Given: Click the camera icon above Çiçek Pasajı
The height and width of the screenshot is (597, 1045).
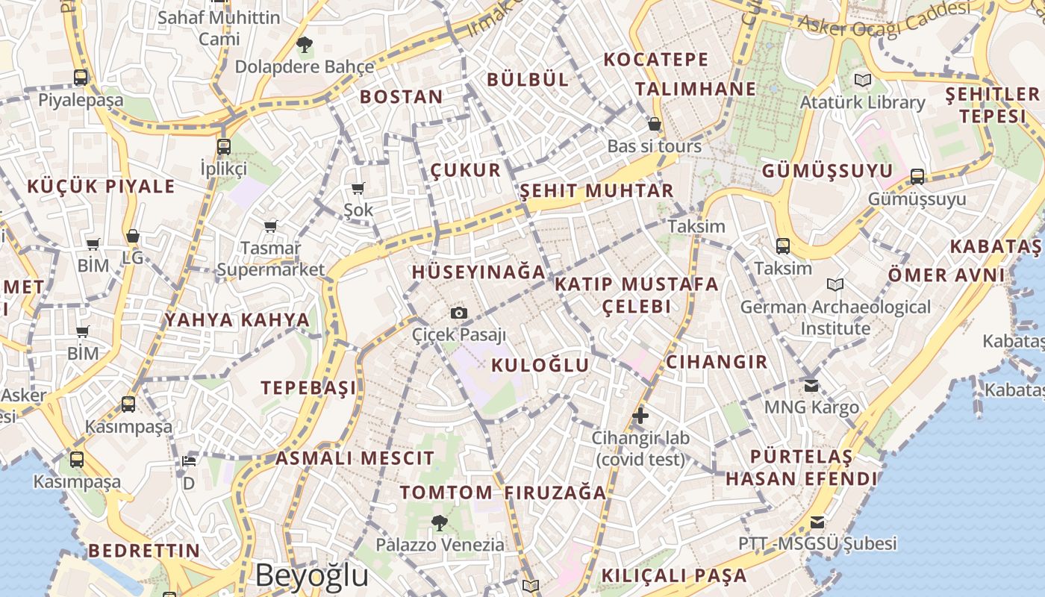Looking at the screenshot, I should tap(459, 313).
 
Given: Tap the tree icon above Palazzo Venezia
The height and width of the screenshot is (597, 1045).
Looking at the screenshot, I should tap(440, 522).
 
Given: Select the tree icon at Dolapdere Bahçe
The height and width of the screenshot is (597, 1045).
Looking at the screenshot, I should tap(304, 45).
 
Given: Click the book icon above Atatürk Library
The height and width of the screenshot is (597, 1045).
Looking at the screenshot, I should tap(863, 80).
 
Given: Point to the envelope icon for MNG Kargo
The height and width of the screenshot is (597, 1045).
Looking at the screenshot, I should tap(811, 386).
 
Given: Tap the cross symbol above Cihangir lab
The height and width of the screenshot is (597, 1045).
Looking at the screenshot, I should tap(640, 416).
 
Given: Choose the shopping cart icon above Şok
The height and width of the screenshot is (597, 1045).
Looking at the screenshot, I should tap(358, 188).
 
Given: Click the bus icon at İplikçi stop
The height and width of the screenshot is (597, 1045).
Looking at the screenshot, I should tap(224, 146).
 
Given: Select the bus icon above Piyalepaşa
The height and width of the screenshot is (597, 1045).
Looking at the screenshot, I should tap(81, 77).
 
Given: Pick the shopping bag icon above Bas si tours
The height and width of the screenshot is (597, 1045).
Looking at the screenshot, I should tap(655, 124).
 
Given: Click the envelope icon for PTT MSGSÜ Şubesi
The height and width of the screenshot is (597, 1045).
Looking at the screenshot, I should tap(818, 522).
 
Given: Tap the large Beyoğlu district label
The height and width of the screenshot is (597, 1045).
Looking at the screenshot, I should tap(312, 575).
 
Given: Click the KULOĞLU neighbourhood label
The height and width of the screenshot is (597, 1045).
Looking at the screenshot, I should tap(540, 365).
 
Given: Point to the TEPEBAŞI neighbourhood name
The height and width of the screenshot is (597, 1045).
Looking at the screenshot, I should tap(308, 387).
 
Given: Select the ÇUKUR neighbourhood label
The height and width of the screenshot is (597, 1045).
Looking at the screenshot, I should tap(466, 170).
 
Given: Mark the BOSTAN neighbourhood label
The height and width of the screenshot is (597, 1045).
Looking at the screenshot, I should tap(402, 96).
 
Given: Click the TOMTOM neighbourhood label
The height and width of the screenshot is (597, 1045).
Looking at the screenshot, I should tap(446, 493).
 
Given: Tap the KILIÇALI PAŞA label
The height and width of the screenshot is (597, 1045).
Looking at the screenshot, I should tap(674, 575).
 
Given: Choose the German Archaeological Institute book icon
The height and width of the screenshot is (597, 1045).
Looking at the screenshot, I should tap(835, 284).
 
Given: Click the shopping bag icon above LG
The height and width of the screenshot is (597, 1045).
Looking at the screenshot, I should tap(133, 237).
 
